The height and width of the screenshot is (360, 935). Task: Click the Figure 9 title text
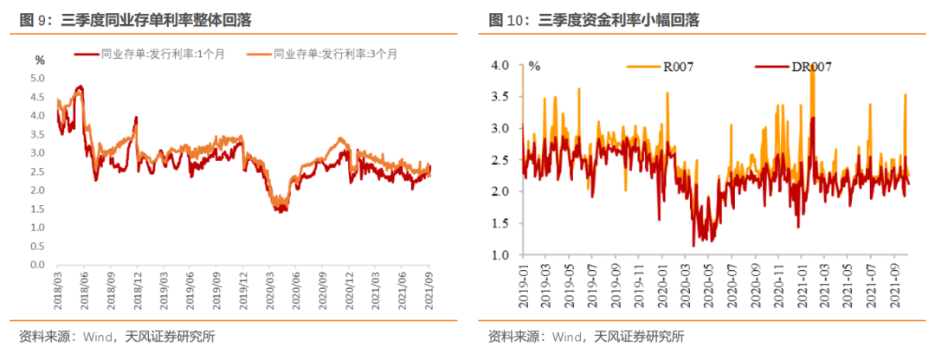[x=142, y=19]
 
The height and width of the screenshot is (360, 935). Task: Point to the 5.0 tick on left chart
[x=38, y=78]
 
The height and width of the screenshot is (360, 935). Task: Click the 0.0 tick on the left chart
[x=38, y=265]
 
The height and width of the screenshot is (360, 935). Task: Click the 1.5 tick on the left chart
[x=38, y=209]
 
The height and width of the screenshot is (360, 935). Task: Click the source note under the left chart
[x=116, y=337]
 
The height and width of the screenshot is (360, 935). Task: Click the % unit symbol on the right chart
[x=534, y=66]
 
